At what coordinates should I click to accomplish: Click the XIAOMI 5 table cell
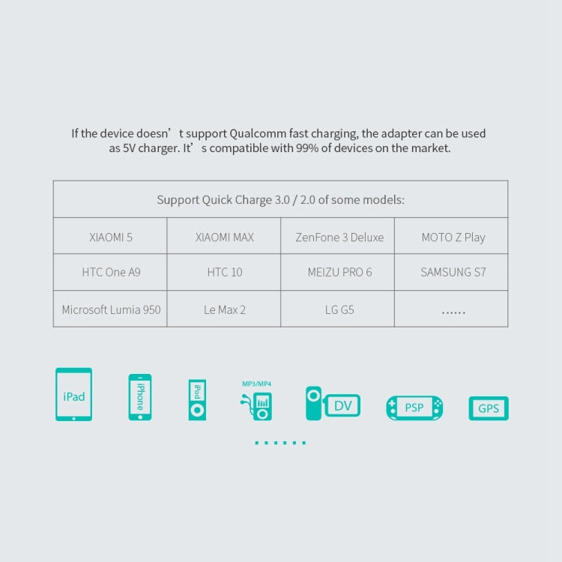(x=110, y=236)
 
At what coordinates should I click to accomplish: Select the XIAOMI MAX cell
(x=223, y=236)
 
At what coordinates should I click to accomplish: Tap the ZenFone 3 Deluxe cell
(x=338, y=236)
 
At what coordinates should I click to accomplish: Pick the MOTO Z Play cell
(x=451, y=236)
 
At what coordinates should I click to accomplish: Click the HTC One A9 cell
(x=110, y=273)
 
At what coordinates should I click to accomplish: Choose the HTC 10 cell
(x=223, y=273)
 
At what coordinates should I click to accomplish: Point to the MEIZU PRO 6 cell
(x=338, y=273)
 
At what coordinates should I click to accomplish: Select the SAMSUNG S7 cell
(x=451, y=273)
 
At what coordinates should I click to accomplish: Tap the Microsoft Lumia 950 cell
(x=110, y=309)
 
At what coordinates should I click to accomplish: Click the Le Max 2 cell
(x=223, y=309)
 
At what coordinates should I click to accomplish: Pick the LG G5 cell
(x=338, y=309)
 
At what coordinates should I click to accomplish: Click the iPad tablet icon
(x=74, y=394)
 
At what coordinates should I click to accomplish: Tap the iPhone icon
(x=140, y=397)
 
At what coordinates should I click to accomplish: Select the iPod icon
(x=197, y=400)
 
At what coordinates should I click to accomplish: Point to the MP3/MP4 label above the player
(x=256, y=384)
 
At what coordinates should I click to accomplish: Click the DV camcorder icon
(x=333, y=404)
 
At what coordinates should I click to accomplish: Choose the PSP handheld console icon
(x=414, y=408)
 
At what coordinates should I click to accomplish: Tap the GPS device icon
(x=489, y=408)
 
